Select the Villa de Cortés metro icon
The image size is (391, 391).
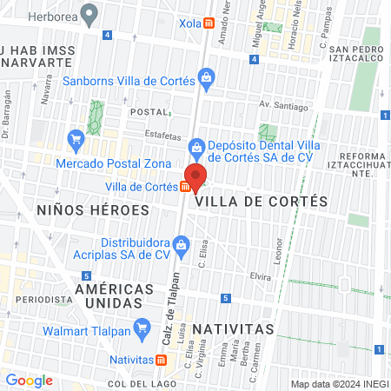pos(186,186)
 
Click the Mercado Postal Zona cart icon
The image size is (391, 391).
pos(76,138)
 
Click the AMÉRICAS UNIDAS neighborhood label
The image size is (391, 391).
pos(109,295)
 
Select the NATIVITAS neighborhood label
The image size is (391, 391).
pos(233,329)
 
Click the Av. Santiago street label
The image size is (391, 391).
pos(283,107)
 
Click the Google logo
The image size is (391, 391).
pos(29,380)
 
